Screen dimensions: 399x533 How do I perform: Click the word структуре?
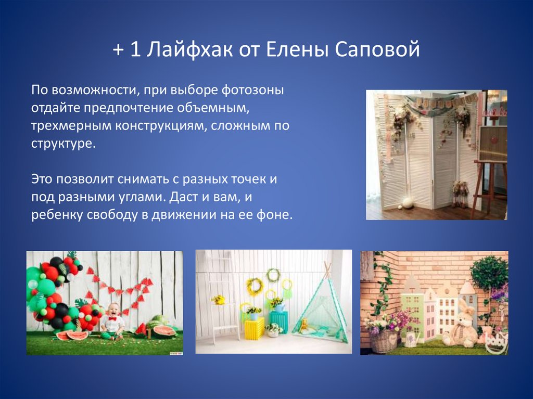(x=63, y=144)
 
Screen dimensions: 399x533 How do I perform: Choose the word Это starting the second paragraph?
(x=42, y=179)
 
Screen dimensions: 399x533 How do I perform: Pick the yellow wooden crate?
(x=255, y=328)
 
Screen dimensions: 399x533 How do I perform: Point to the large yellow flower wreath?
(x=255, y=286)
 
